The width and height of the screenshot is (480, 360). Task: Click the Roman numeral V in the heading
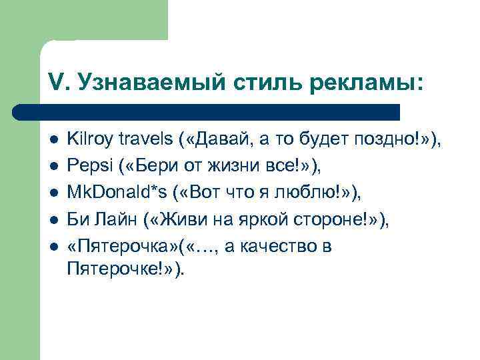point(56,82)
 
